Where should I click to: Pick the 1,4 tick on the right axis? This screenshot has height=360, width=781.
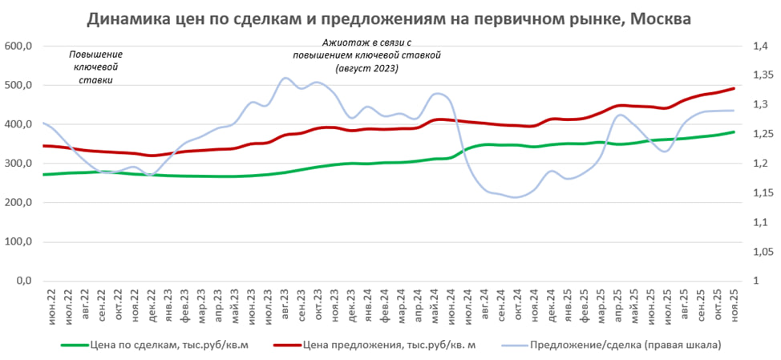coord(760,47)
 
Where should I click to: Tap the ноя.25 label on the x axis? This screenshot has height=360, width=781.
coord(735,305)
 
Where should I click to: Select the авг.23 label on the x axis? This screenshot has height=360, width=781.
coord(286,305)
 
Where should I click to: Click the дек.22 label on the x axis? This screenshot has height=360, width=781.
coord(149,305)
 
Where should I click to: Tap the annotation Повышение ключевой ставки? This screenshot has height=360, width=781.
coord(95,67)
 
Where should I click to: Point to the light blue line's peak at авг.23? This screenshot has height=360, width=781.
coord(286,78)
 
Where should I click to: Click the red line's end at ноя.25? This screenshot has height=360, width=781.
coord(734,88)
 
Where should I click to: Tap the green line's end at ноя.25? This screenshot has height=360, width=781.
coord(734,132)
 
